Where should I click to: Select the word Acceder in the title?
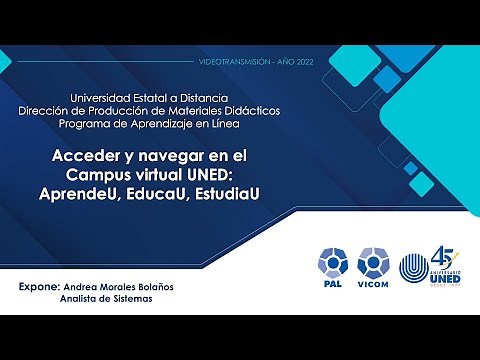[85, 157]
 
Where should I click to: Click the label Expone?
[41, 286]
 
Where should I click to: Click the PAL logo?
[331, 265]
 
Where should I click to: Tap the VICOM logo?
[373, 265]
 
